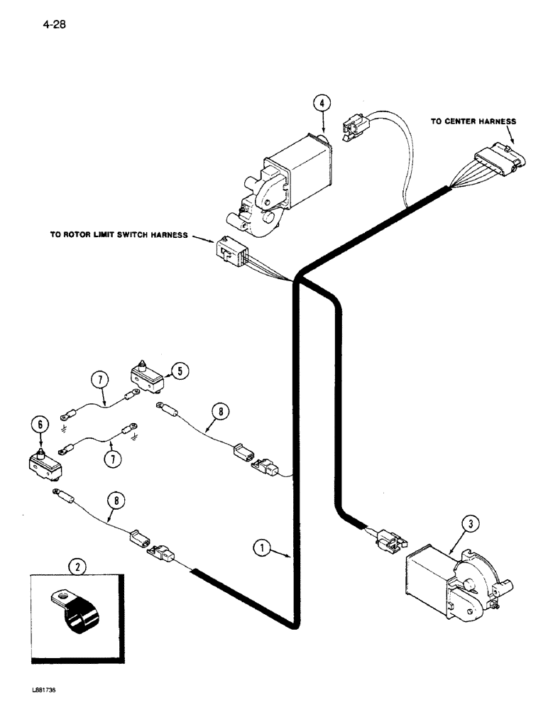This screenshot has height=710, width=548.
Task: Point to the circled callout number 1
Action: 263,547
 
